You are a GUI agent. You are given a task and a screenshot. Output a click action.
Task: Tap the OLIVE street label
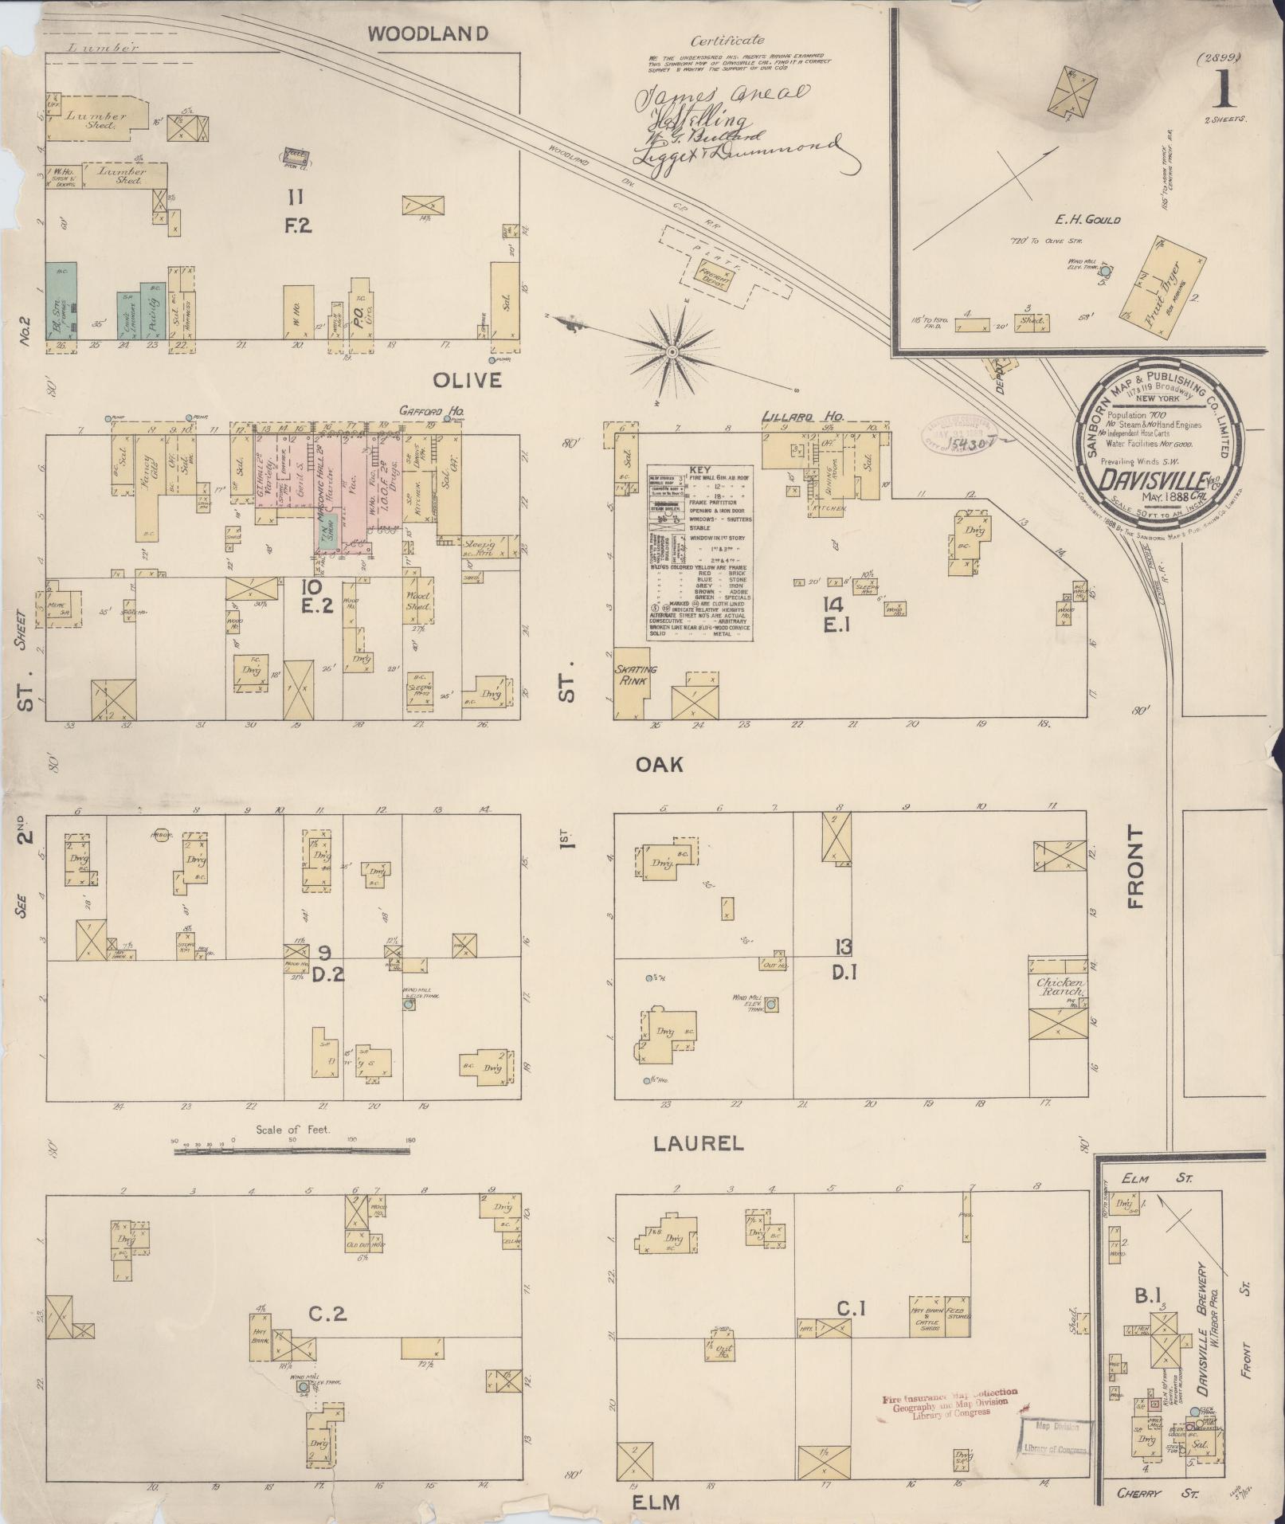tap(468, 381)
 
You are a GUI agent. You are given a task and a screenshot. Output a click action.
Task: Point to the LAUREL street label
tap(698, 1143)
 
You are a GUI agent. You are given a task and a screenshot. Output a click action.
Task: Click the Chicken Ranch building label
tap(1060, 987)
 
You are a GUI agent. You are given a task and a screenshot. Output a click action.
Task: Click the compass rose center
tap(672, 351)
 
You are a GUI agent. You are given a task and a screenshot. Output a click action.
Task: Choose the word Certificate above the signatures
tap(727, 41)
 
